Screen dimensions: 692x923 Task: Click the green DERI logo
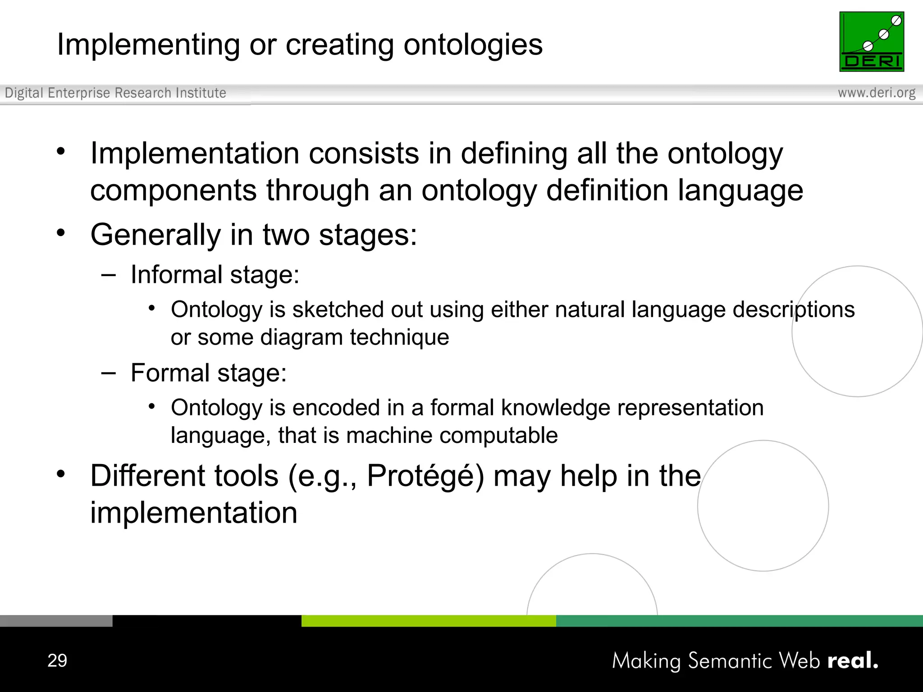pyautogui.click(x=871, y=41)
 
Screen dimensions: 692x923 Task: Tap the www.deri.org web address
pyautogui.click(x=876, y=93)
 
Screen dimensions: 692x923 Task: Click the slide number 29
pyautogui.click(x=57, y=660)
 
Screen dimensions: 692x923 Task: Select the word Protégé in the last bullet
pyautogui.click(x=425, y=476)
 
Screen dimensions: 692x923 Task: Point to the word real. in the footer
pyautogui.click(x=853, y=661)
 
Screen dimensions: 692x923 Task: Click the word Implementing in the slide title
pyautogui.click(x=148, y=45)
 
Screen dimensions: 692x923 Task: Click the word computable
pyautogui.click(x=498, y=436)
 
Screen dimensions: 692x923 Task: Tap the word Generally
pyautogui.click(x=155, y=235)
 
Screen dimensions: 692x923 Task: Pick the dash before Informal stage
pyautogui.click(x=109, y=275)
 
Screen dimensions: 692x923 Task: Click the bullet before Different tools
pyautogui.click(x=61, y=474)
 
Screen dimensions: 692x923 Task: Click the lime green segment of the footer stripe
pyautogui.click(x=428, y=621)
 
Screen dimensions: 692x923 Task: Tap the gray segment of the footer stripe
pyautogui.click(x=56, y=621)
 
